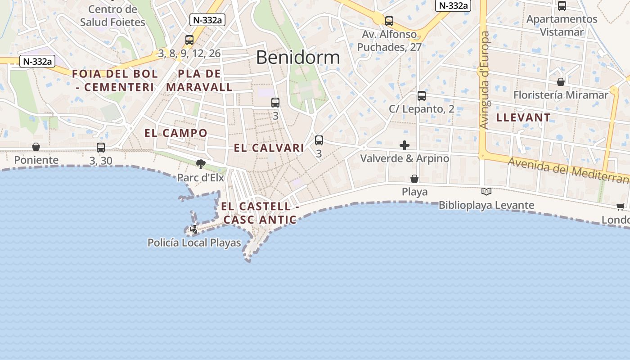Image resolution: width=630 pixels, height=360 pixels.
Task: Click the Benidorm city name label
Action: click(x=298, y=57)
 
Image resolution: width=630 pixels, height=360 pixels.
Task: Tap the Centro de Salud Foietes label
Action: click(x=112, y=16)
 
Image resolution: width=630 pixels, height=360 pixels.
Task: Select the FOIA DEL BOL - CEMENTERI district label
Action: click(x=115, y=81)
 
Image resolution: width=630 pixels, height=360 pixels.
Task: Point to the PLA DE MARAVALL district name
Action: click(x=199, y=81)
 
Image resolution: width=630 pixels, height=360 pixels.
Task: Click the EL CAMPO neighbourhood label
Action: click(x=175, y=133)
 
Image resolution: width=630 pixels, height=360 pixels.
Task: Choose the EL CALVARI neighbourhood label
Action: click(x=269, y=148)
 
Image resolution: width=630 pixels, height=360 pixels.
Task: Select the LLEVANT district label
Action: click(x=523, y=118)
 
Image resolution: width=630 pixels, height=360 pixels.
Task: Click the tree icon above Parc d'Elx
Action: click(x=200, y=164)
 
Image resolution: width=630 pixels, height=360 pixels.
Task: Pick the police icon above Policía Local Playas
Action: click(x=194, y=229)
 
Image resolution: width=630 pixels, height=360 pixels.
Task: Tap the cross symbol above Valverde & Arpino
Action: click(x=405, y=145)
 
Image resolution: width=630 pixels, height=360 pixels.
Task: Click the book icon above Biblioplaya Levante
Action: click(x=486, y=192)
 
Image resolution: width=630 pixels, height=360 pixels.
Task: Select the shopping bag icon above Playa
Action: click(x=414, y=179)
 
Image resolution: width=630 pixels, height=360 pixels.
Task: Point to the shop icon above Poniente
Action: click(x=36, y=147)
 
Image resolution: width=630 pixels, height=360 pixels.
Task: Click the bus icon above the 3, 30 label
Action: click(x=101, y=147)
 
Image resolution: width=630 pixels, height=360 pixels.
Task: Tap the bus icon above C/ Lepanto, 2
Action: click(x=422, y=95)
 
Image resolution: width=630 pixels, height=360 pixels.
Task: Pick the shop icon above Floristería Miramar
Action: click(x=561, y=82)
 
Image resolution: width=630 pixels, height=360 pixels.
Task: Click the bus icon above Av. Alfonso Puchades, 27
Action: click(x=389, y=21)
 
